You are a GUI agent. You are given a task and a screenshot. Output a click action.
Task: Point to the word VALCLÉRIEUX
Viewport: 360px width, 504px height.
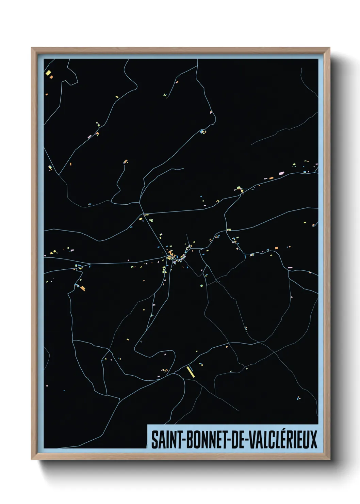click(x=283, y=439)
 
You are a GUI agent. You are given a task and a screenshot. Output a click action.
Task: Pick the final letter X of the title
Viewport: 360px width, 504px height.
click(x=313, y=440)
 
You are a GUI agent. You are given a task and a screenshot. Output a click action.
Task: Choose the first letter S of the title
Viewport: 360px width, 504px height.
click(x=154, y=440)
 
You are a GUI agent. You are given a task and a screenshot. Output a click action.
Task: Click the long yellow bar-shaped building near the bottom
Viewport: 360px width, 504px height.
click(x=190, y=372)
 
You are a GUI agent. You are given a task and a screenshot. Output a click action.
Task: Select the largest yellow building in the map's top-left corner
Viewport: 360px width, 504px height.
click(x=48, y=73)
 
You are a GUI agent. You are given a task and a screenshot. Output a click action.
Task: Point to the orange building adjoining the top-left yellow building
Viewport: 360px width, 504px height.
click(x=51, y=77)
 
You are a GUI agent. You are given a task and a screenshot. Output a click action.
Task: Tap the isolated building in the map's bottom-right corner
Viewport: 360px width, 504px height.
click(x=298, y=398)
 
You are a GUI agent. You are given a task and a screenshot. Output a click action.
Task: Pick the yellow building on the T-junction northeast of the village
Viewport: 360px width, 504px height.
click(x=229, y=230)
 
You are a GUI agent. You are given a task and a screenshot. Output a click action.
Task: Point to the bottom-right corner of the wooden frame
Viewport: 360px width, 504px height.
click(x=329, y=459)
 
